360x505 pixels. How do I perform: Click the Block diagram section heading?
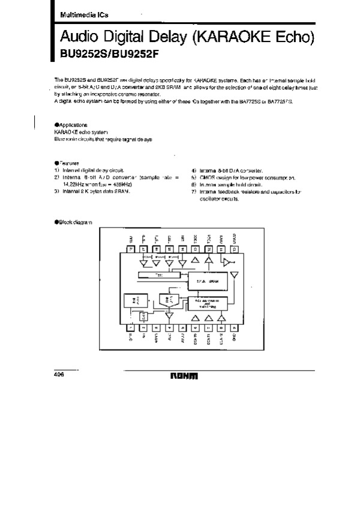coord(73,222)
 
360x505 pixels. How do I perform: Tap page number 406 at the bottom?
coord(59,373)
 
